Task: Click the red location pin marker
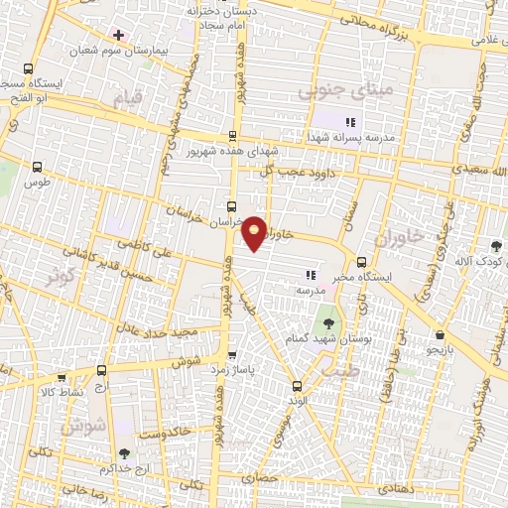click(255, 232)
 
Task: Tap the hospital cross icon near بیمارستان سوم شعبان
click(118, 35)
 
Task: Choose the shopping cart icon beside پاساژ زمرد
click(233, 354)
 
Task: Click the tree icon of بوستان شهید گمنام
click(327, 323)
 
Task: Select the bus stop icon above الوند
click(296, 385)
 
